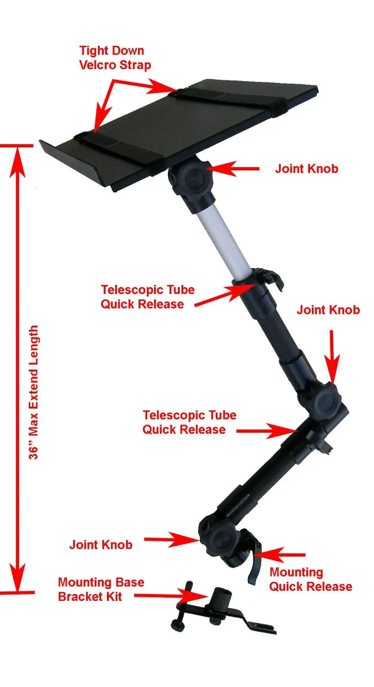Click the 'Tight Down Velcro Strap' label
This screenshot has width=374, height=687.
click(115, 58)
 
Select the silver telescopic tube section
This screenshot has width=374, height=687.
click(223, 242)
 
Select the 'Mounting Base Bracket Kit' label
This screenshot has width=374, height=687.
click(101, 589)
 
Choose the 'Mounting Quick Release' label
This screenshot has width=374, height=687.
click(310, 579)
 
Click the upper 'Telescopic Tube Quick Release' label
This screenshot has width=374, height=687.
click(147, 297)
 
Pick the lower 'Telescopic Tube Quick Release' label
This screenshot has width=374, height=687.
click(189, 422)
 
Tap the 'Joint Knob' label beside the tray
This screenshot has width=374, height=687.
click(306, 169)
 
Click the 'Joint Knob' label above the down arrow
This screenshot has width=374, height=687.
click(328, 310)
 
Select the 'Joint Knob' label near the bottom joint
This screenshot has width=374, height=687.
click(101, 545)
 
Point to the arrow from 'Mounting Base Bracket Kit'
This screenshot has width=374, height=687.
click(169, 596)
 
